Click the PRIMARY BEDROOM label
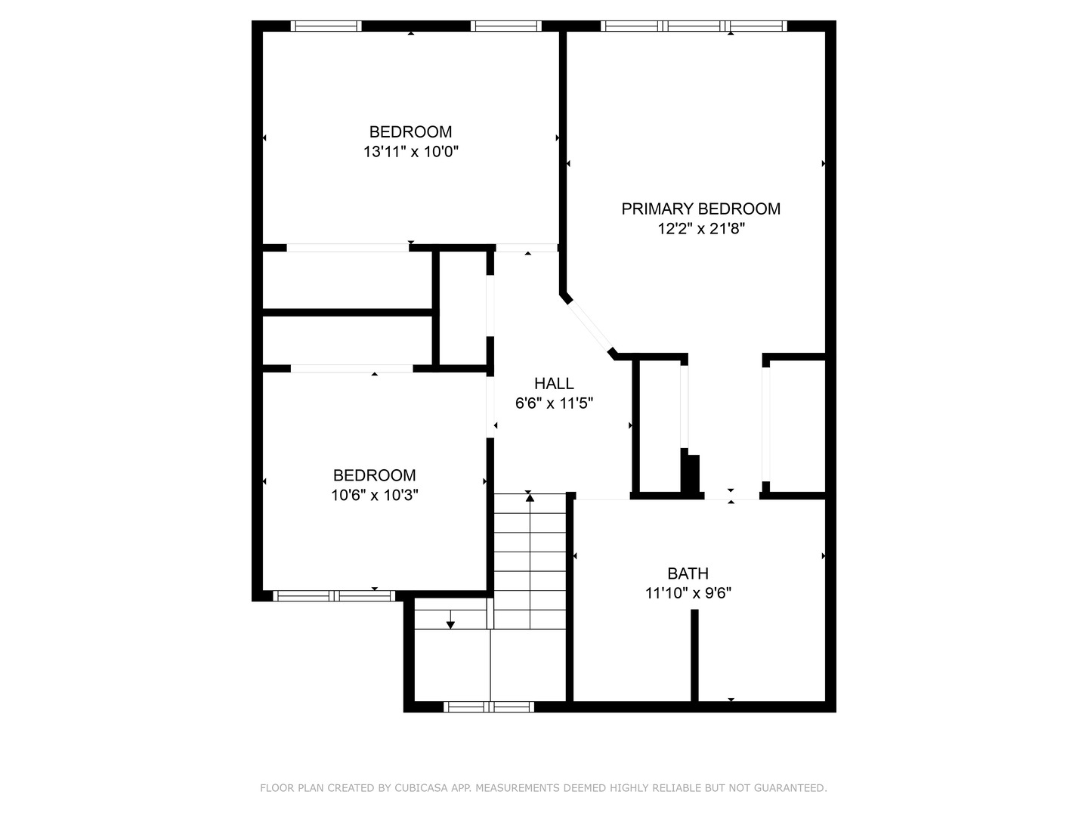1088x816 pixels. (700, 209)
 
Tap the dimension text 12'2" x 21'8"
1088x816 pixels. (701, 229)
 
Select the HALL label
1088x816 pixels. (554, 383)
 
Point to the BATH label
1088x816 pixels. (688, 573)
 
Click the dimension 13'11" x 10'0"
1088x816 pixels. (411, 152)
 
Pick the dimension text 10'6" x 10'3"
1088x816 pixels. (375, 496)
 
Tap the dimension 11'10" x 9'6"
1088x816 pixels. (688, 594)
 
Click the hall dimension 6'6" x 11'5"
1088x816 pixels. (554, 403)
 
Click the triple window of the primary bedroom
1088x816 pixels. (694, 26)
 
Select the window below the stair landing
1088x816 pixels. (489, 707)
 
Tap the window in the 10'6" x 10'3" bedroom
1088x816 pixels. (334, 596)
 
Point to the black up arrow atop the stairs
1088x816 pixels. (530, 496)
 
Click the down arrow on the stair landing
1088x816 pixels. (450, 624)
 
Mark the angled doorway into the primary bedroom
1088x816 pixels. (589, 326)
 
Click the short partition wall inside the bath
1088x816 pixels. (694, 654)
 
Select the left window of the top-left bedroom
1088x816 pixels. (326, 26)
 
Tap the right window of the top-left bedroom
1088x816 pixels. (505, 26)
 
